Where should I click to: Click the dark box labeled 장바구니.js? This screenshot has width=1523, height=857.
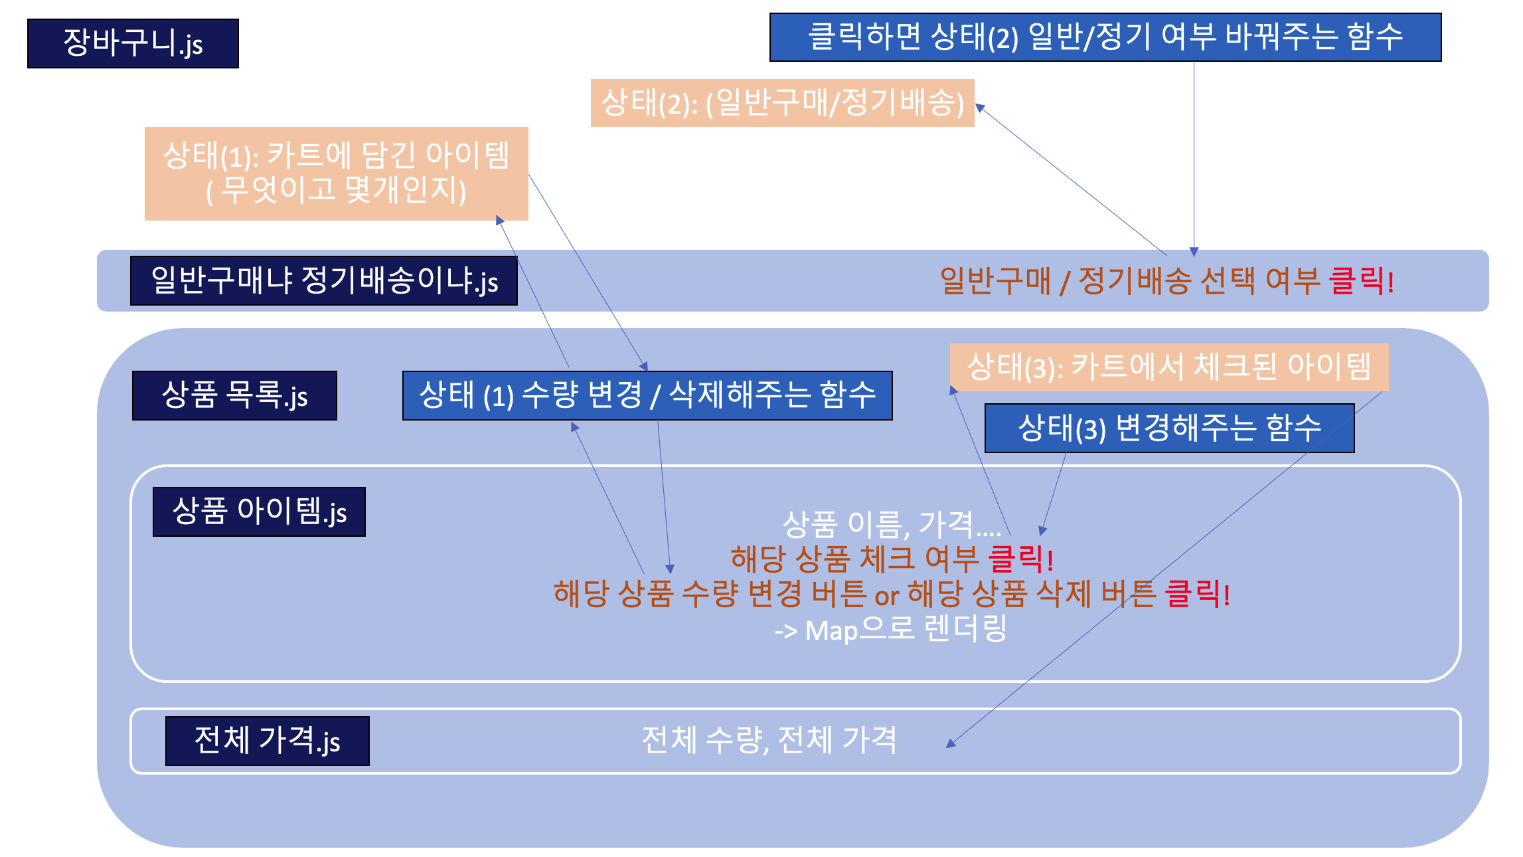click(133, 43)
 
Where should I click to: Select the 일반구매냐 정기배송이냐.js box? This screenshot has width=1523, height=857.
click(323, 280)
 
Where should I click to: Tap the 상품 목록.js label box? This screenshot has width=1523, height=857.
click(234, 395)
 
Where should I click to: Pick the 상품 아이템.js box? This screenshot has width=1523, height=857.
click(259, 512)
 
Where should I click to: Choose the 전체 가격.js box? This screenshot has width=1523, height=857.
click(267, 741)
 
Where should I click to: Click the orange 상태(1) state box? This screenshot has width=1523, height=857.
click(336, 173)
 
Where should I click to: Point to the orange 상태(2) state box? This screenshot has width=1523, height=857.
click(782, 103)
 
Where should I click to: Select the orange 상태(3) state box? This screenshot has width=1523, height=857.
click(1168, 367)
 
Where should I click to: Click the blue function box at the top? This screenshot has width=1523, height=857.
click(1105, 37)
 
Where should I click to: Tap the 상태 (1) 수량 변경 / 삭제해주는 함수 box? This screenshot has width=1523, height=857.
click(647, 395)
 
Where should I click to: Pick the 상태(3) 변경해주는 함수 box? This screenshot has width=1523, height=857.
click(1169, 428)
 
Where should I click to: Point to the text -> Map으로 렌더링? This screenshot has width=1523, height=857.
click(890, 629)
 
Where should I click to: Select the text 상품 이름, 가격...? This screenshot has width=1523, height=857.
click(891, 525)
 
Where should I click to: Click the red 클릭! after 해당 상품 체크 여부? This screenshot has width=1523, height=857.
click(1021, 559)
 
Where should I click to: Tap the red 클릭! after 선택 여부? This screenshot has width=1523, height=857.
click(1362, 280)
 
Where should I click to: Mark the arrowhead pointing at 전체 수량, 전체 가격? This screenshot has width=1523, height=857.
click(951, 743)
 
